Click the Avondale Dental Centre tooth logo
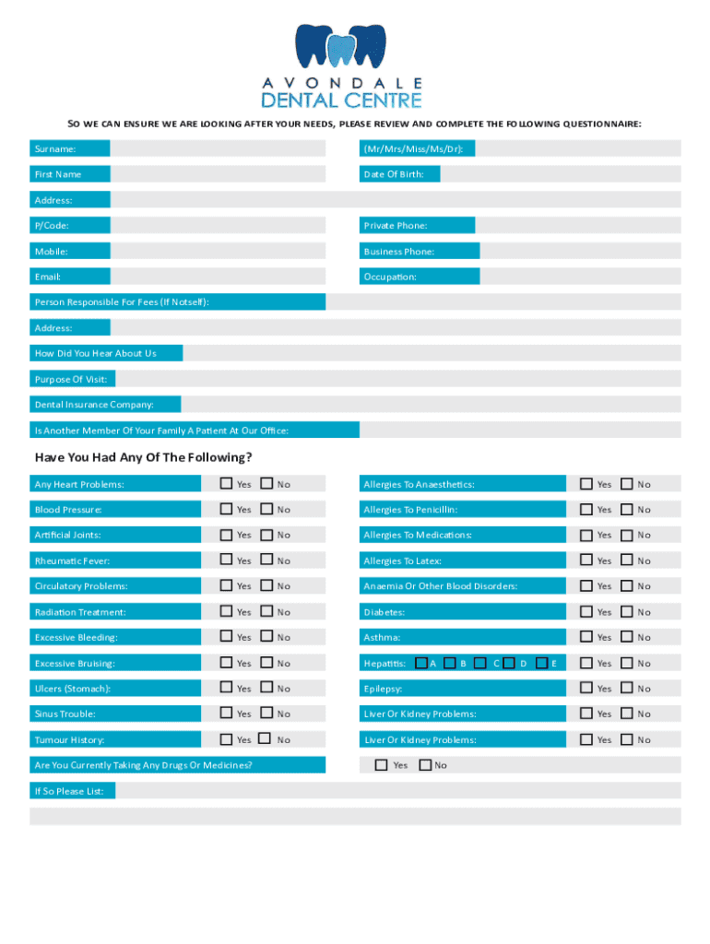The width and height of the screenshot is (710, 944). [x=340, y=48]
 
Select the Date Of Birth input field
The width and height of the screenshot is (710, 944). [x=560, y=174]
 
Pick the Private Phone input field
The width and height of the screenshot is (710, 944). [x=577, y=225]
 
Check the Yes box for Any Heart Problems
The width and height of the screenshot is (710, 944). [x=226, y=483]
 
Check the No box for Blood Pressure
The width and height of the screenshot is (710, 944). [x=266, y=509]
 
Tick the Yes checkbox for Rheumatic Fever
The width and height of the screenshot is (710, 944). [x=226, y=560]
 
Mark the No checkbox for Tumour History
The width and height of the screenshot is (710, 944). [x=266, y=738]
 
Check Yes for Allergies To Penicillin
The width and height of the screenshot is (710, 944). [x=586, y=509]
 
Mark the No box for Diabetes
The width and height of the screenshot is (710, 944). [x=627, y=611]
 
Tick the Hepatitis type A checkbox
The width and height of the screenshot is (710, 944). [x=420, y=662]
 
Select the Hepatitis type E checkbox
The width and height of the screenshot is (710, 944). [x=542, y=662]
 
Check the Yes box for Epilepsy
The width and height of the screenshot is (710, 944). [x=586, y=688]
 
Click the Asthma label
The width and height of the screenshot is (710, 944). [x=382, y=637]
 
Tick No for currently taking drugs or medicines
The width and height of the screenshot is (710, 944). [x=425, y=764]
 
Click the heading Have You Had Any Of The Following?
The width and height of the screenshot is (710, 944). [x=143, y=457]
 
